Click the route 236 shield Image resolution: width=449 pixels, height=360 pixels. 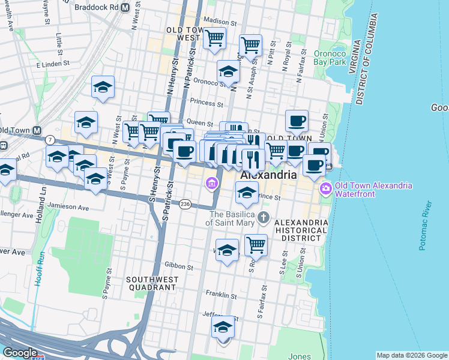[x=186, y=204]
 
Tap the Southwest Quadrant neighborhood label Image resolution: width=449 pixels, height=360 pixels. [x=151, y=283]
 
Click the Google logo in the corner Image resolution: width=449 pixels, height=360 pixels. [x=19, y=353]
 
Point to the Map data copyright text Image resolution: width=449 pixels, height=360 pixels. [x=411, y=355]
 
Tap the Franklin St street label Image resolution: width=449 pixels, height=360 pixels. [x=218, y=295]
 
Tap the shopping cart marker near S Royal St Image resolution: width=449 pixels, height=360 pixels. [x=256, y=244]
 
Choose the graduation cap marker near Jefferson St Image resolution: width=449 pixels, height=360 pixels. [x=223, y=328]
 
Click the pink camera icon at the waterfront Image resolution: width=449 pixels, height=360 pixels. [x=325, y=188]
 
